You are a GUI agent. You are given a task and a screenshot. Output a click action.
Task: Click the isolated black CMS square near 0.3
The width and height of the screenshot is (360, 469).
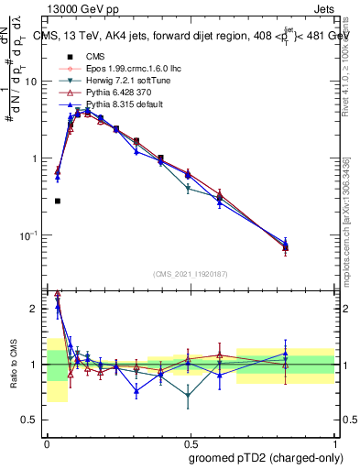(58, 201)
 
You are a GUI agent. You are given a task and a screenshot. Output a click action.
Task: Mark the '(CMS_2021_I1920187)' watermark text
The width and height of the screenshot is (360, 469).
(191, 273)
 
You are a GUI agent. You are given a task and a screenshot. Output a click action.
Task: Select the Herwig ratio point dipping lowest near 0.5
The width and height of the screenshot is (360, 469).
(188, 397)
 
